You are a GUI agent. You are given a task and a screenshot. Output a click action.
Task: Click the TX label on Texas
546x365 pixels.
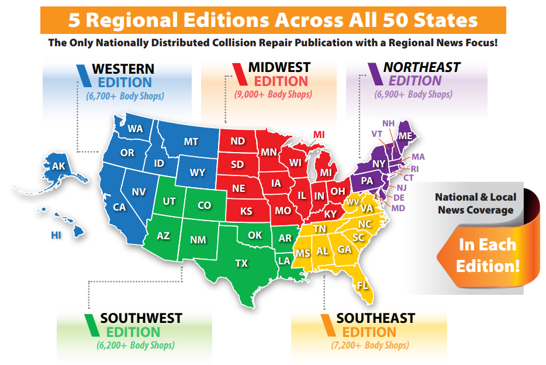coord(241,263)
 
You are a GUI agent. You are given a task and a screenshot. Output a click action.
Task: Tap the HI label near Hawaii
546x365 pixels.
coord(56,235)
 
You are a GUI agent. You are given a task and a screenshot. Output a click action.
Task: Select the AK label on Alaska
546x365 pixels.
coord(58,166)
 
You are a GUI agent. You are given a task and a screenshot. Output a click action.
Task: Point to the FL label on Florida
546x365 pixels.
coord(363,286)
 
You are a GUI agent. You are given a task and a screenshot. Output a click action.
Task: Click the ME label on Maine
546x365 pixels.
coord(406,136)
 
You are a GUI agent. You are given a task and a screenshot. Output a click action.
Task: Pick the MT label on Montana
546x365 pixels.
coord(191,142)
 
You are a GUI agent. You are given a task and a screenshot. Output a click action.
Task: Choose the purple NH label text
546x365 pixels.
coord(389,123)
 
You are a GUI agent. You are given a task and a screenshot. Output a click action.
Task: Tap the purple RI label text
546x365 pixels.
coord(414,168)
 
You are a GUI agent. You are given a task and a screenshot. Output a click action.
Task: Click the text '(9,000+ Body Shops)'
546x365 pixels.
coord(273,94)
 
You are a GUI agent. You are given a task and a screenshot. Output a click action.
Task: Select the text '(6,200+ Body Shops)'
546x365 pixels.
coord(135,345)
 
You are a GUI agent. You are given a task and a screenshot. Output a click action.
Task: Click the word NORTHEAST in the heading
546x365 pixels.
coord(422,67)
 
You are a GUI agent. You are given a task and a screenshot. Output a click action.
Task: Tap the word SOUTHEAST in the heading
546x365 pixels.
coord(376,319)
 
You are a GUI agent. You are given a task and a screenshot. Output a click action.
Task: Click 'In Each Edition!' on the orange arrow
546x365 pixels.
coord(488,254)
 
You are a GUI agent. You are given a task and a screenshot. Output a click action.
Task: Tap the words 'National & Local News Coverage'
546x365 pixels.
coord(475,204)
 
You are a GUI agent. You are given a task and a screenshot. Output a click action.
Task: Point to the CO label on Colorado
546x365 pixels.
coord(204,205)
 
